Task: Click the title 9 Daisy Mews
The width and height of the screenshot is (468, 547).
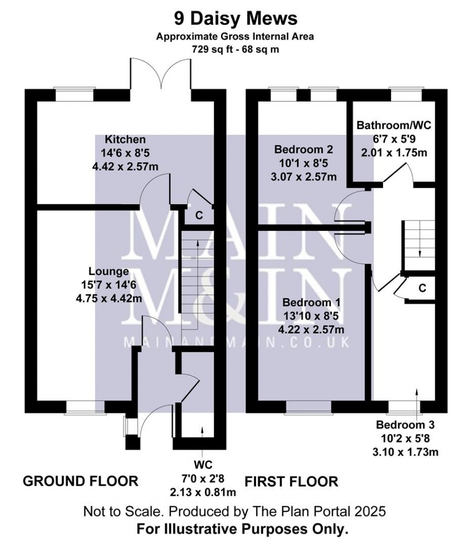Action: (x=235, y=19)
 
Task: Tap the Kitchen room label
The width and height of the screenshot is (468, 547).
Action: (x=125, y=140)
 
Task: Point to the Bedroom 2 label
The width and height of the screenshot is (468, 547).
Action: (x=303, y=150)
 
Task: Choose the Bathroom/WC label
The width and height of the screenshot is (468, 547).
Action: (x=394, y=126)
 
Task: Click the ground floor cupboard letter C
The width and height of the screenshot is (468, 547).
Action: (x=200, y=216)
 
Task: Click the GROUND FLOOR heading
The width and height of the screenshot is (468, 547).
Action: (x=81, y=481)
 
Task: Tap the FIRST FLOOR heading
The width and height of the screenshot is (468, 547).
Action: (x=291, y=481)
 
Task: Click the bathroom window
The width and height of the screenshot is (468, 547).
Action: (x=405, y=94)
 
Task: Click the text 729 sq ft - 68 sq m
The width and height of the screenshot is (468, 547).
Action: (x=235, y=49)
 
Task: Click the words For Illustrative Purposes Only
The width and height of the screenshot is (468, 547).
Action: (x=242, y=529)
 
